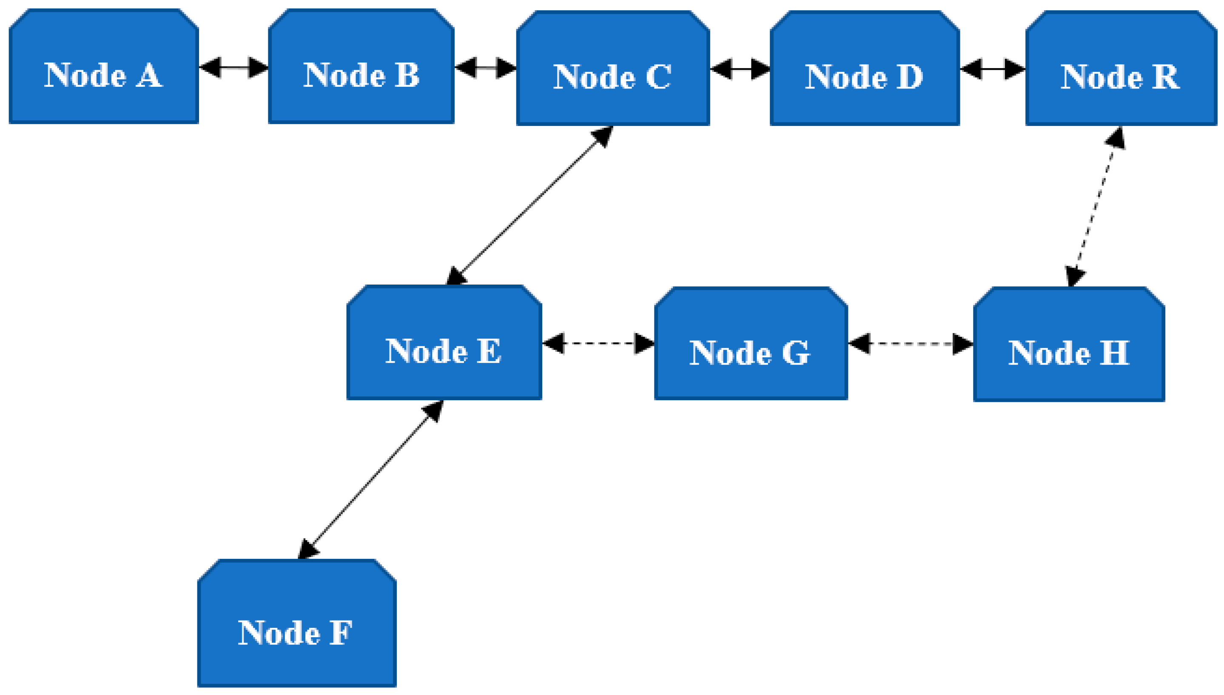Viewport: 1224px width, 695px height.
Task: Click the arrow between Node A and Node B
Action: pos(233,67)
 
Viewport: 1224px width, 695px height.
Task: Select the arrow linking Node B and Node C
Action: pos(485,67)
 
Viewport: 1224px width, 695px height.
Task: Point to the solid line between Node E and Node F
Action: pos(370,480)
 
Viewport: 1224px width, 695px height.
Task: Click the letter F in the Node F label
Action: pos(341,632)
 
